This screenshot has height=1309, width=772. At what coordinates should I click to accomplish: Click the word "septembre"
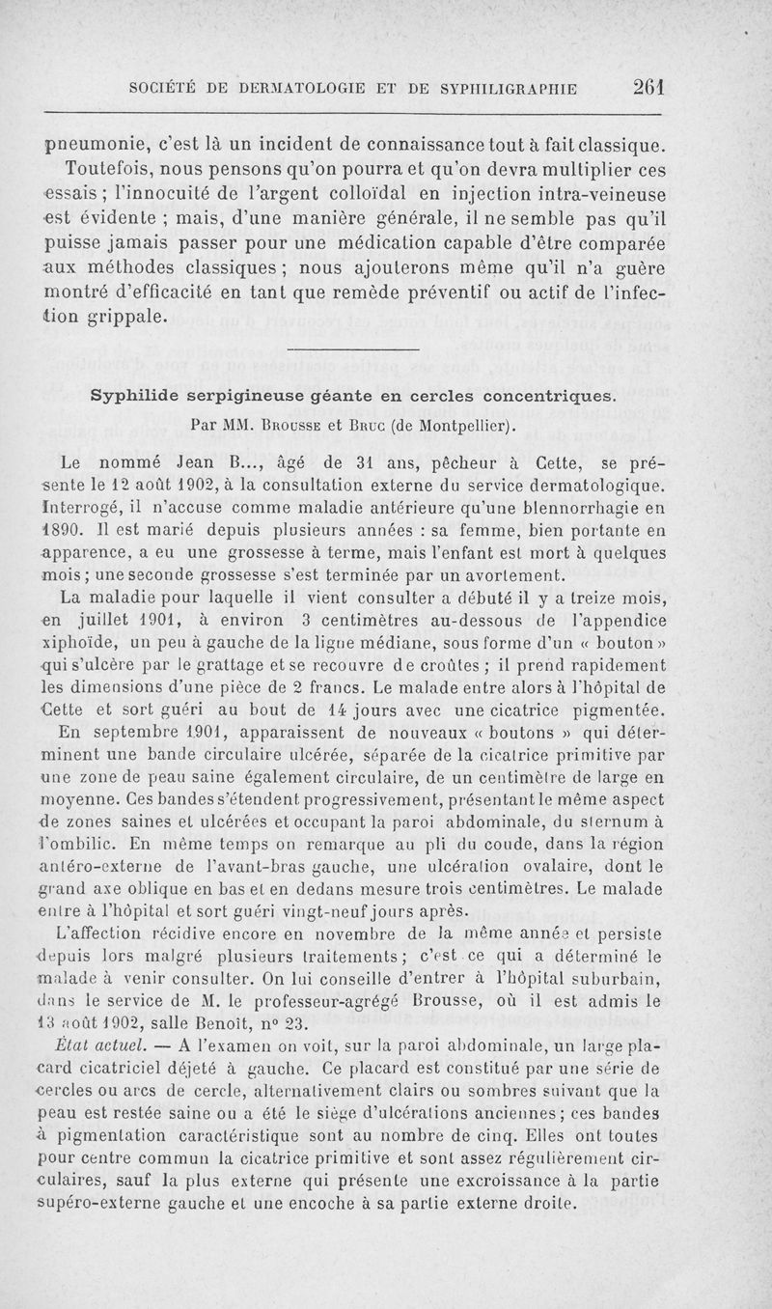140,730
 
